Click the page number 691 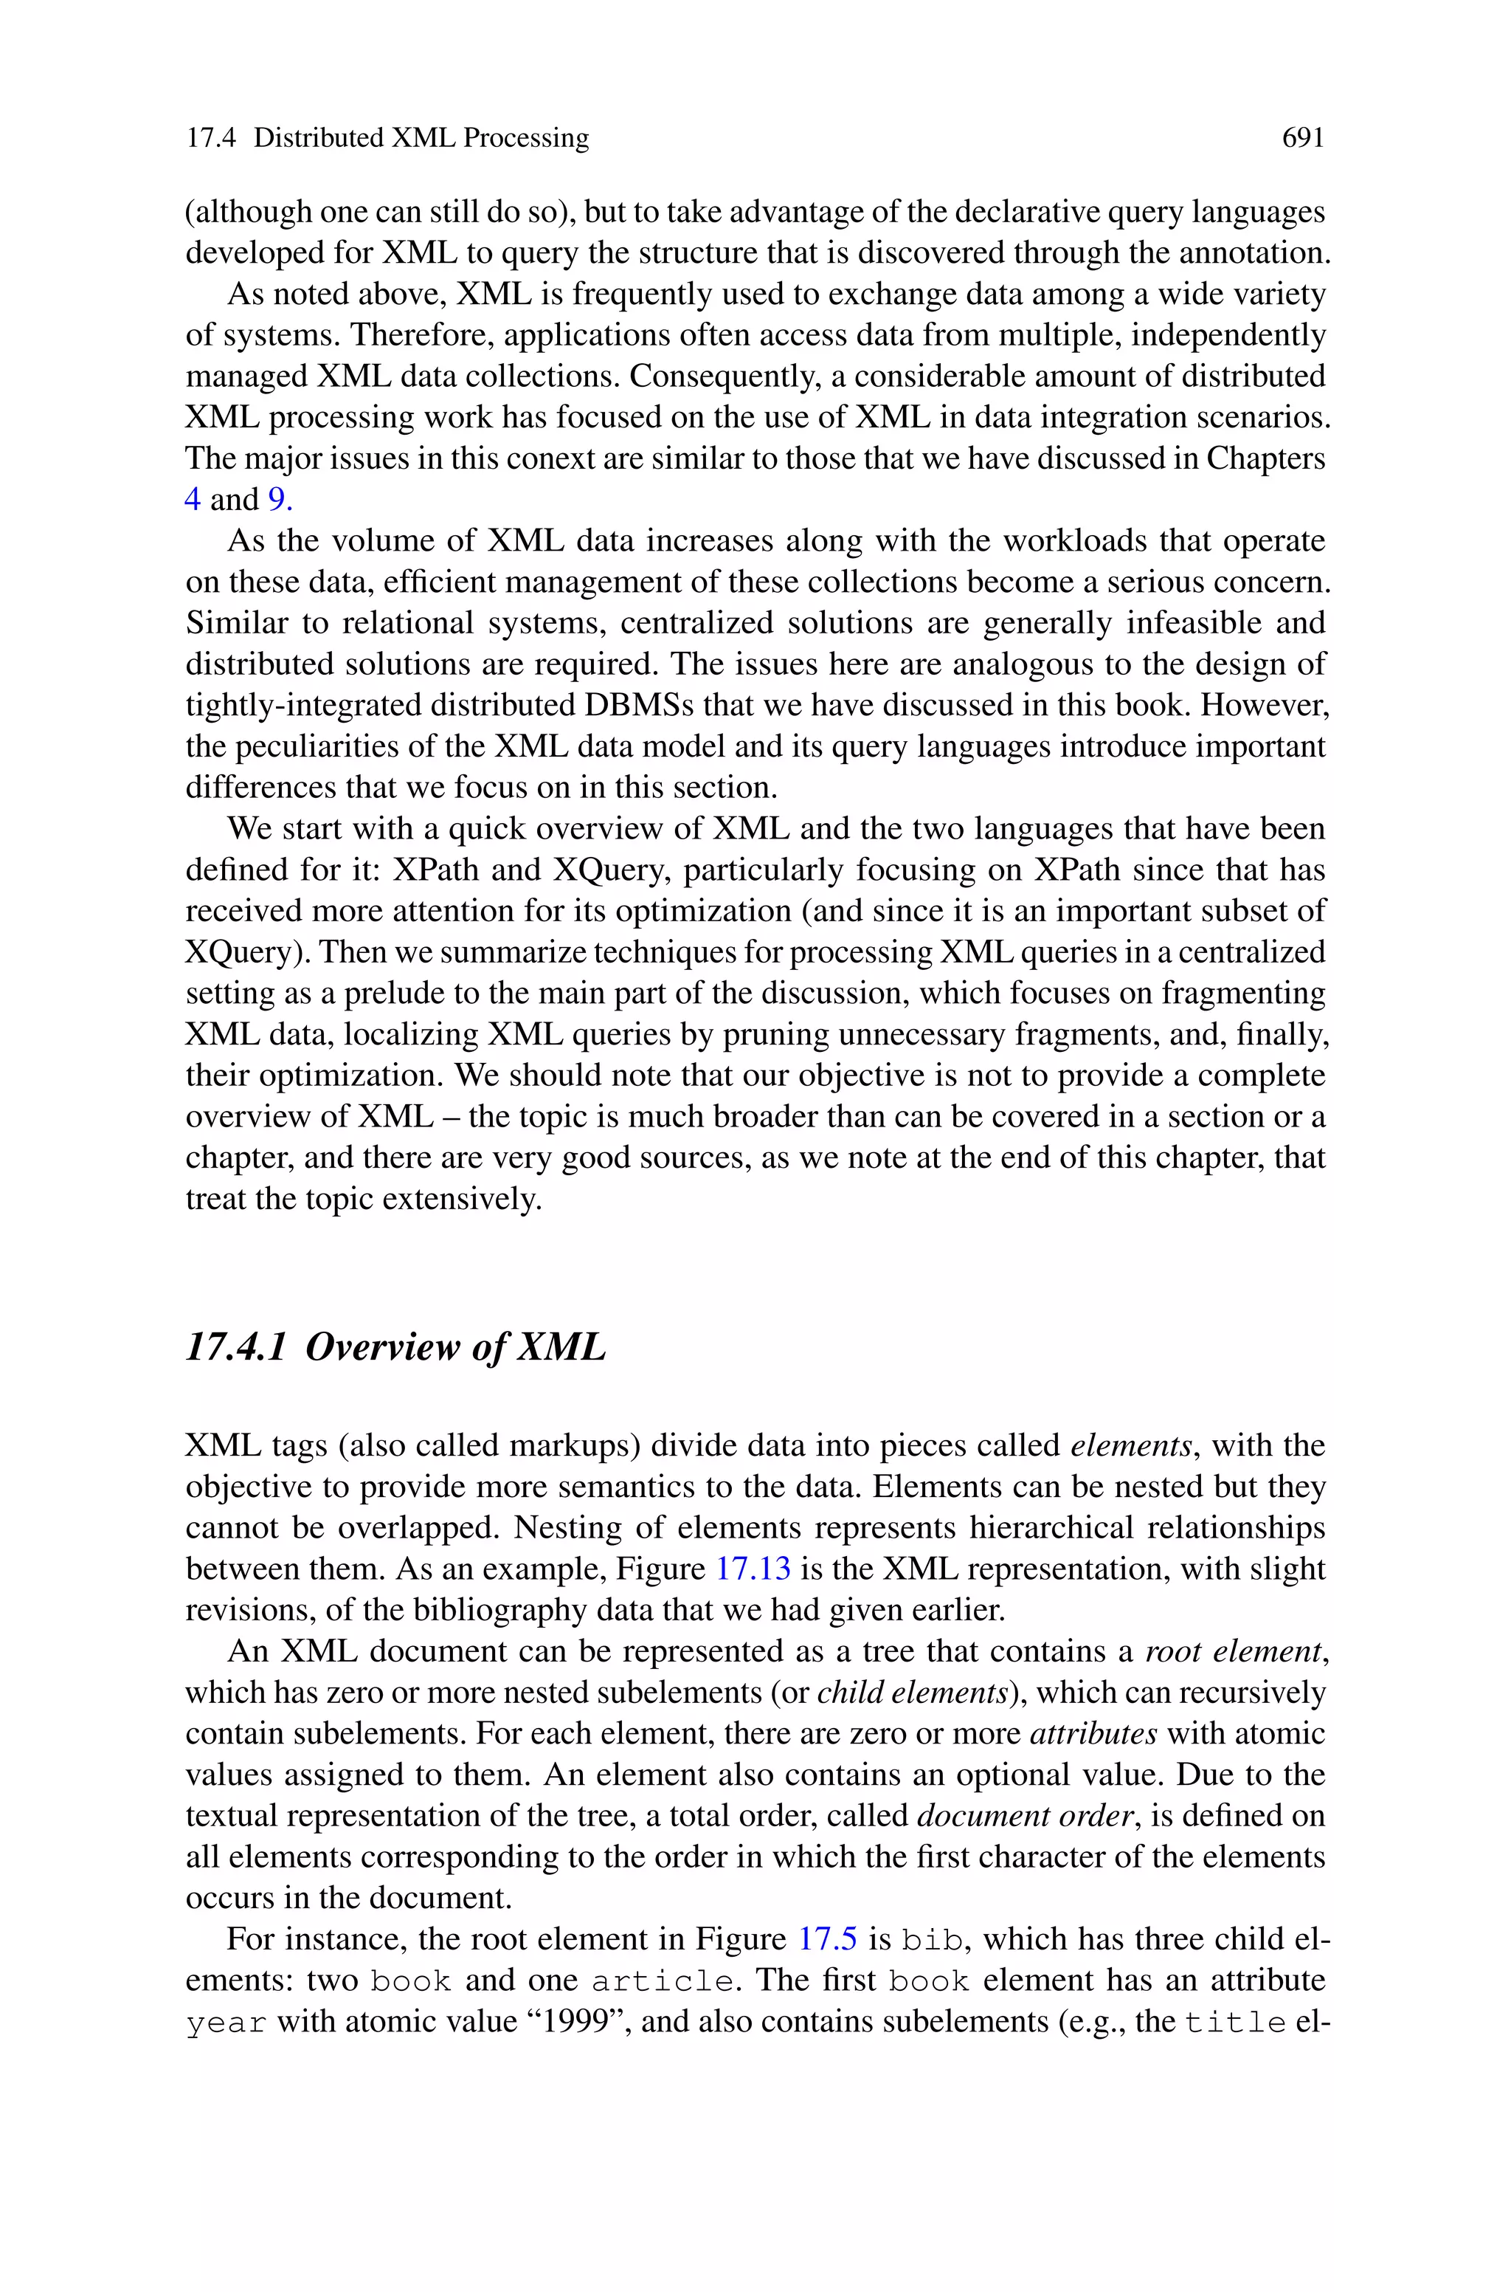click(x=1303, y=139)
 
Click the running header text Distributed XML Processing click(x=421, y=139)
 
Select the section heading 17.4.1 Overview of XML click(x=395, y=1346)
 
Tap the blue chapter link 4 click(x=193, y=499)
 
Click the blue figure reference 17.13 click(x=752, y=1568)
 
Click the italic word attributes click(x=1093, y=1733)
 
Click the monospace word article click(x=660, y=1980)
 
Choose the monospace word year click(x=226, y=2022)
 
